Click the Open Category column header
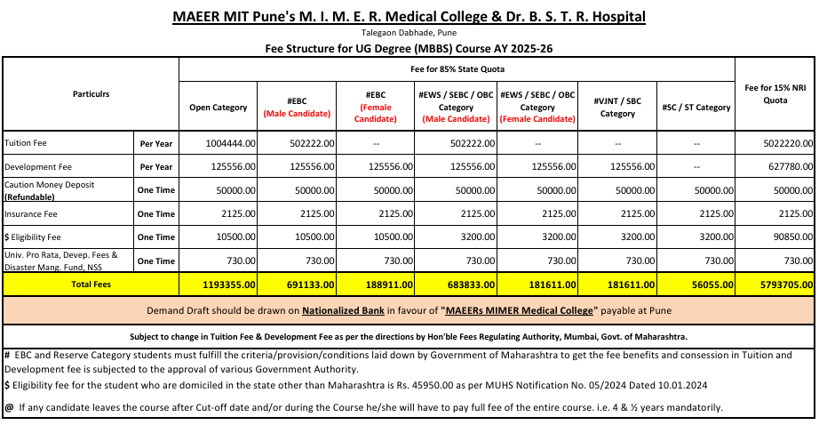[219, 108]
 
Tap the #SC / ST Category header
[696, 108]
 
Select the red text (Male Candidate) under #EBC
[298, 114]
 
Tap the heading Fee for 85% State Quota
[457, 68]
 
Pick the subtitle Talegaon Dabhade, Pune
[409, 32]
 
